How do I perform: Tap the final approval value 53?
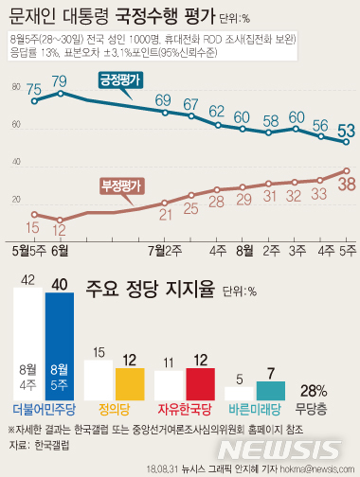[x=347, y=130]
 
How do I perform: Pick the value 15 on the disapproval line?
[x=33, y=228]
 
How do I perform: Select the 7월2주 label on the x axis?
[x=165, y=252]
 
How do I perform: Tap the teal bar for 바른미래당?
[x=272, y=391]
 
